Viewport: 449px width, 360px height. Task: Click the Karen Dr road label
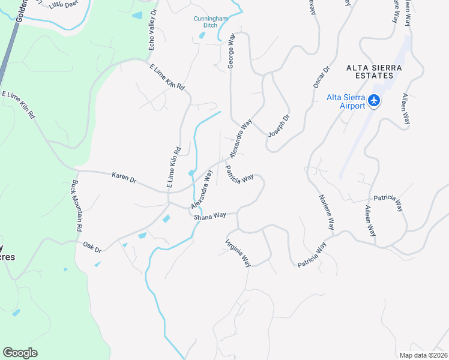click(x=124, y=178)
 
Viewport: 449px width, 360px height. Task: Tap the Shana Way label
click(x=209, y=216)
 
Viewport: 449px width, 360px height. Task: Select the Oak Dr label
click(x=92, y=247)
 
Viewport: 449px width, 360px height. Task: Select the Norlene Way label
click(x=326, y=213)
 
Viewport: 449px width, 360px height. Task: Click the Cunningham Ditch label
click(x=209, y=22)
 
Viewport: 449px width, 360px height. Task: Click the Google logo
click(x=20, y=353)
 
